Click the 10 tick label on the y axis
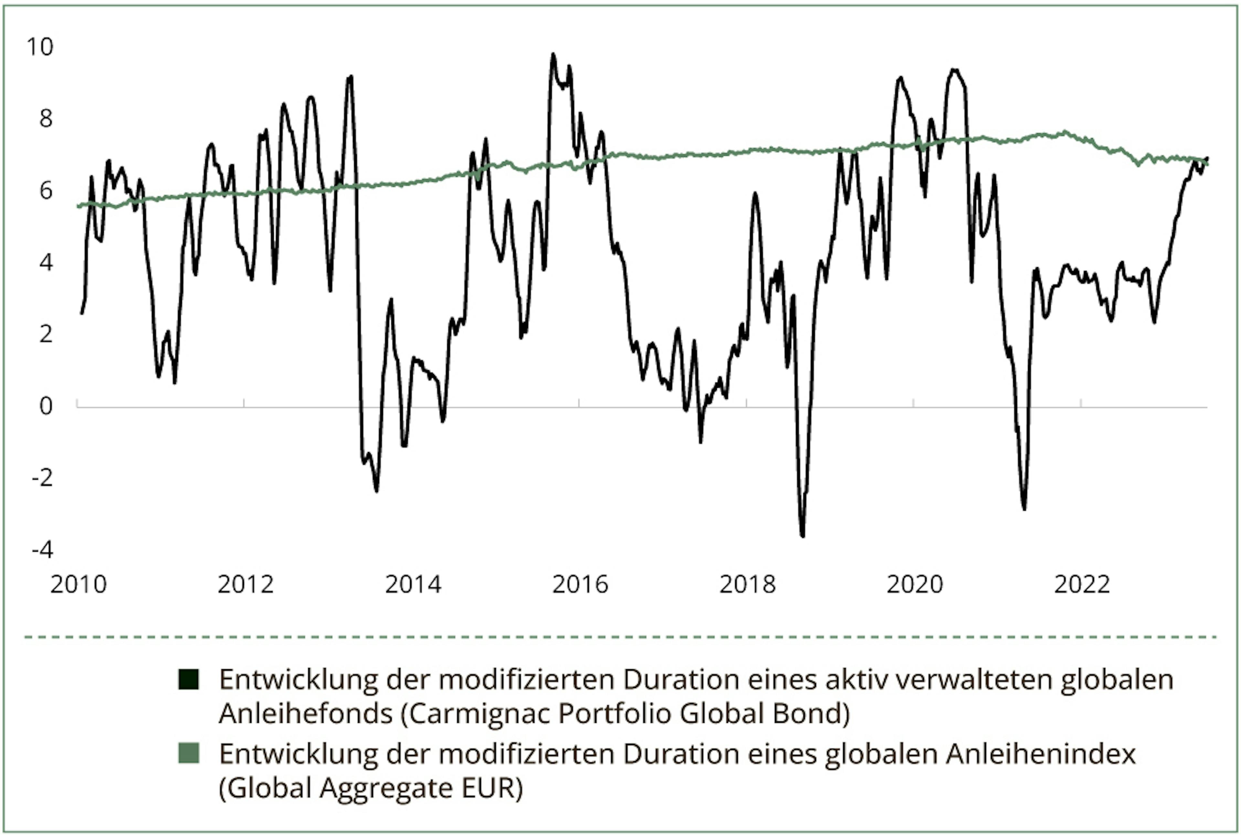pos(40,47)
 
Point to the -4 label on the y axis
pos(43,550)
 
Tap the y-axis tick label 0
pos(46,406)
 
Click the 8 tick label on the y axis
pos(46,118)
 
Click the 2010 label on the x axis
pos(78,585)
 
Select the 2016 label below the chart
pos(580,585)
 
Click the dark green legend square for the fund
pos(188,680)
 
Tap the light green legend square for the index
pos(188,754)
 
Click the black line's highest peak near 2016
pos(553,54)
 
